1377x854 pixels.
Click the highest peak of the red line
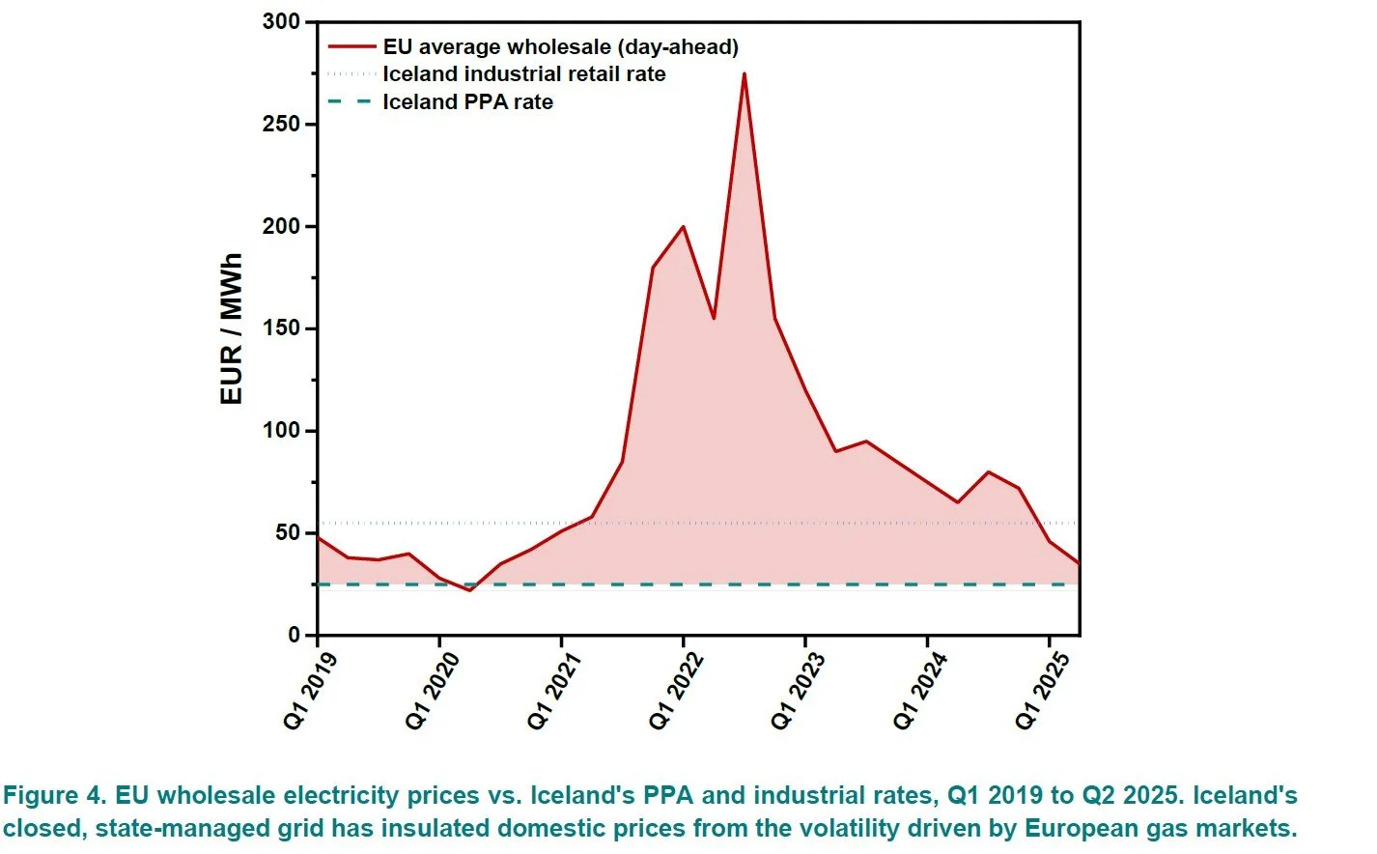(x=744, y=73)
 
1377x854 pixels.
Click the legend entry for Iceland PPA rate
(x=467, y=102)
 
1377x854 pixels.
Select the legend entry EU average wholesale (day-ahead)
(x=560, y=46)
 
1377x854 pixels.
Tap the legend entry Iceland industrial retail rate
(x=523, y=74)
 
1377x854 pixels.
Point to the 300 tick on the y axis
(x=281, y=21)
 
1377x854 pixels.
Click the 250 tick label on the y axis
(x=281, y=125)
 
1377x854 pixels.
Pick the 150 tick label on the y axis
(x=281, y=328)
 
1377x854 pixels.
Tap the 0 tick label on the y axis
(x=295, y=635)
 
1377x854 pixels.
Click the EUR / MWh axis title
(x=231, y=328)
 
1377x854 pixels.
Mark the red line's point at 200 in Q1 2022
(x=684, y=227)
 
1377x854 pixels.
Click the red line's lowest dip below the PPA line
(x=470, y=589)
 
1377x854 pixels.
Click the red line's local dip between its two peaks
(x=714, y=318)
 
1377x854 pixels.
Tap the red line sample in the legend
(x=351, y=46)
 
